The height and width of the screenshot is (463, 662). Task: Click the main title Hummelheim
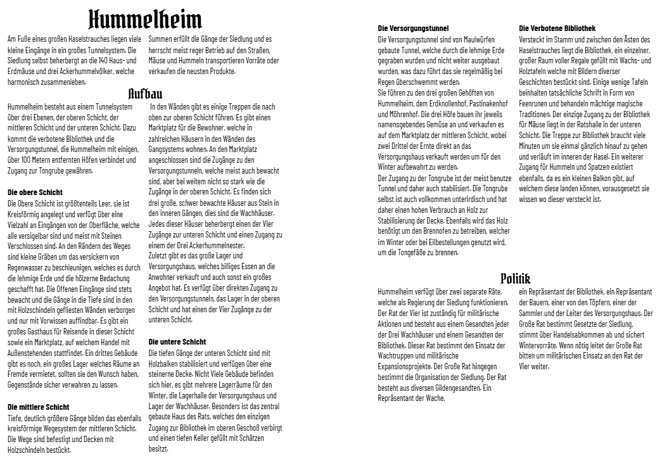[x=145, y=19]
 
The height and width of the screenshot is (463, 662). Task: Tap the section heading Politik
[x=515, y=278]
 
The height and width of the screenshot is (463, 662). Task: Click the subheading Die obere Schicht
[x=35, y=191]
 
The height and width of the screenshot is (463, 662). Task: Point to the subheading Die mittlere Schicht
[x=39, y=407]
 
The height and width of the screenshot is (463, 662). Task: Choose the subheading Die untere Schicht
[x=177, y=341]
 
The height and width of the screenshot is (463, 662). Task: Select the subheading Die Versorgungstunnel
[x=413, y=29]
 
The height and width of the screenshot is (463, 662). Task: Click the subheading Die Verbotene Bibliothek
[x=557, y=29]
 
